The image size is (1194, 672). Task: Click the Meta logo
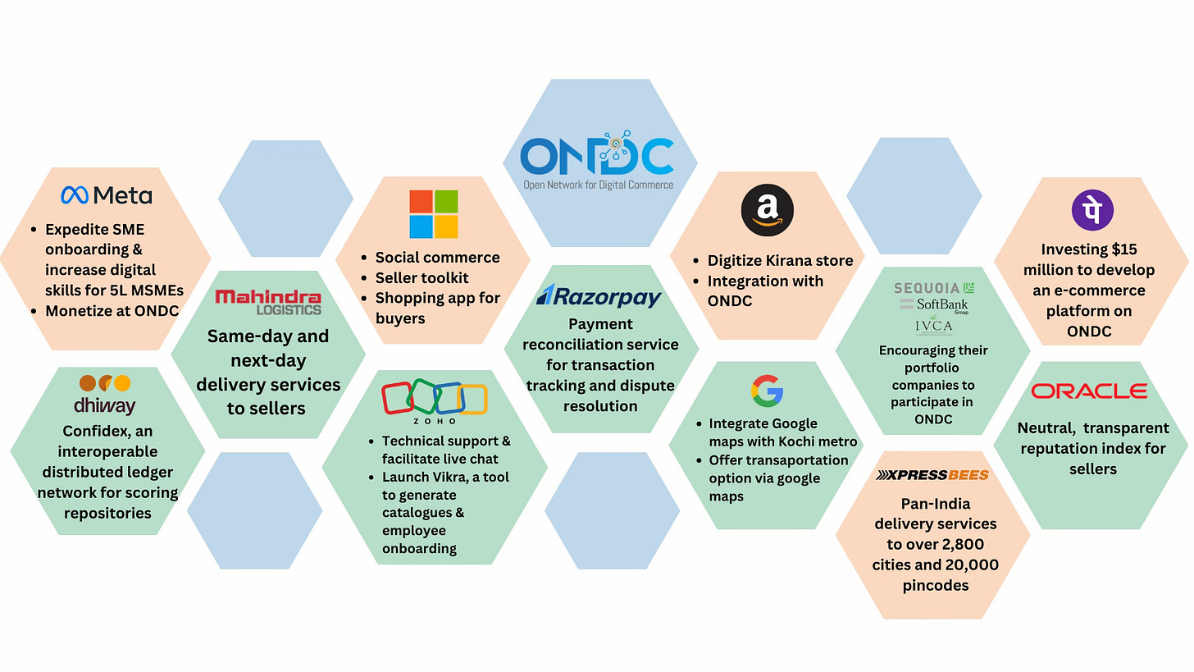[x=107, y=195]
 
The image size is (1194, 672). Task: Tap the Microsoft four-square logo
[x=434, y=214]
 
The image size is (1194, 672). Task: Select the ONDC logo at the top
[x=599, y=160]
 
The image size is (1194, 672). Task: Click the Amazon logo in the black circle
[x=768, y=210]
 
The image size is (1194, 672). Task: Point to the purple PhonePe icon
[x=1092, y=210]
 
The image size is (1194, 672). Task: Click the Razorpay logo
[x=599, y=295]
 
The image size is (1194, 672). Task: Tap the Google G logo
[x=767, y=391]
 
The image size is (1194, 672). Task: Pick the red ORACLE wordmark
[x=1089, y=391]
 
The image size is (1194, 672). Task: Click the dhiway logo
[x=105, y=395]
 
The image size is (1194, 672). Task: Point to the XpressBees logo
[x=932, y=475]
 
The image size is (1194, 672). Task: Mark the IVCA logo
[x=933, y=327]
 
